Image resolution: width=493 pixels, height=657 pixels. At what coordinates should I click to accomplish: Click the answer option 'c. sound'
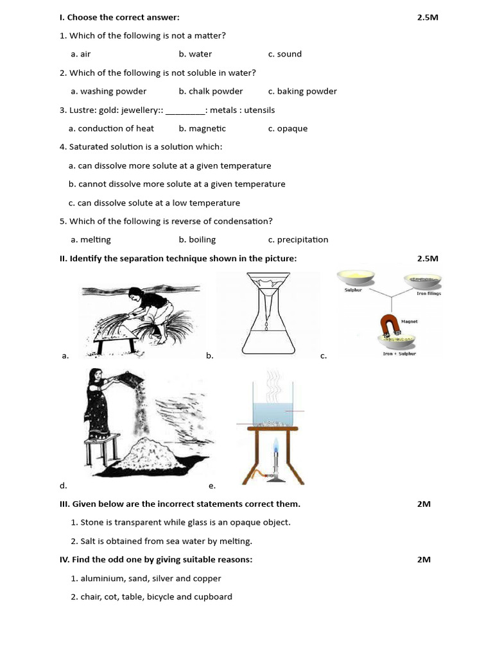point(284,54)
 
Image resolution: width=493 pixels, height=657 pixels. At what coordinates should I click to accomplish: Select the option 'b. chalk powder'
point(211,91)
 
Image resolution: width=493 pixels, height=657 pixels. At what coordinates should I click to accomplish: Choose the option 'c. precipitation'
point(298,239)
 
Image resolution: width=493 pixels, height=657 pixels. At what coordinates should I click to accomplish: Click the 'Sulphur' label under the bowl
point(354,291)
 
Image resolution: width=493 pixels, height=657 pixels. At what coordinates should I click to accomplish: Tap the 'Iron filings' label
point(429,293)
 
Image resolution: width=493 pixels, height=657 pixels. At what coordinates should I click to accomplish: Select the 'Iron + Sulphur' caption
point(399,354)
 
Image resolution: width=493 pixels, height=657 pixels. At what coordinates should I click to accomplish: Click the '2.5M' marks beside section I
point(427,17)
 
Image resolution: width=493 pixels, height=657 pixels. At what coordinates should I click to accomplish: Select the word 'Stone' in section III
point(92,522)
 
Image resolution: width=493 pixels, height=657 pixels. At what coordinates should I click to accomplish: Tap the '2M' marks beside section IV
point(424,559)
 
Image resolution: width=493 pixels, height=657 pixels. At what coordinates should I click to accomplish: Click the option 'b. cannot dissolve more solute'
point(177,184)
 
